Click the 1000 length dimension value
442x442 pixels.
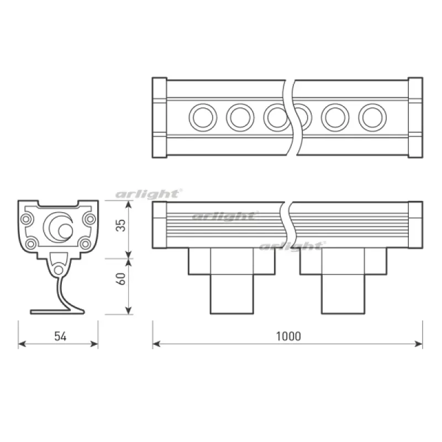288,336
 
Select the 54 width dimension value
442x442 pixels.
60,336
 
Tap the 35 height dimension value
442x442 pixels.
121,225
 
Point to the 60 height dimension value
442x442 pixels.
121,279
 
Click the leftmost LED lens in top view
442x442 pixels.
203,117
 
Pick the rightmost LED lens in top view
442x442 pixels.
372,117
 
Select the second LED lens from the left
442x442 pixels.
240,117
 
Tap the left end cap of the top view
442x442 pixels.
160,118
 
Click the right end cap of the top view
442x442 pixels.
415,118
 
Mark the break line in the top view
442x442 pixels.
293,118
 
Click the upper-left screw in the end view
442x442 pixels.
26,219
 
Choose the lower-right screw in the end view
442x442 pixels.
85,244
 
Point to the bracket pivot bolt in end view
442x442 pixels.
59,270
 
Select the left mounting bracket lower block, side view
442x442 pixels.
232,294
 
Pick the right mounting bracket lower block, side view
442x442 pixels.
343,294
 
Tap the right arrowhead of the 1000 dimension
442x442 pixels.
419,344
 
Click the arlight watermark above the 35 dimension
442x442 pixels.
149,194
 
